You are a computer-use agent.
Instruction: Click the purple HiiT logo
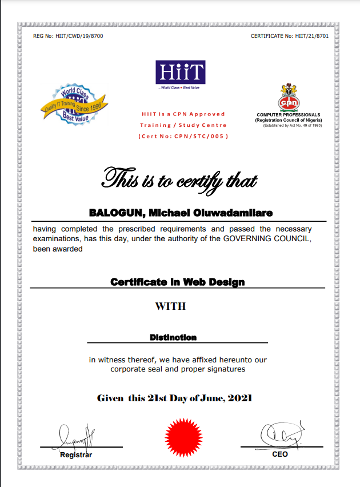point(180,73)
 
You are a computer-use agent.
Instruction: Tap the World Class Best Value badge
point(74,103)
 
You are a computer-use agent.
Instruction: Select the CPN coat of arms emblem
point(288,97)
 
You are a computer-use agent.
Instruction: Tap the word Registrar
point(76,455)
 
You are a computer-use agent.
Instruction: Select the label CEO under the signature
point(280,454)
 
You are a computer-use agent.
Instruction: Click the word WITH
point(170,306)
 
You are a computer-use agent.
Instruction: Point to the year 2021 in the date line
point(240,398)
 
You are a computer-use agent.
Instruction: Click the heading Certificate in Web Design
point(177,282)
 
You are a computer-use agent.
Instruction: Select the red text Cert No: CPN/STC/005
point(183,136)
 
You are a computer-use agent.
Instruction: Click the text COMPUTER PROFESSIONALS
point(289,115)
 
